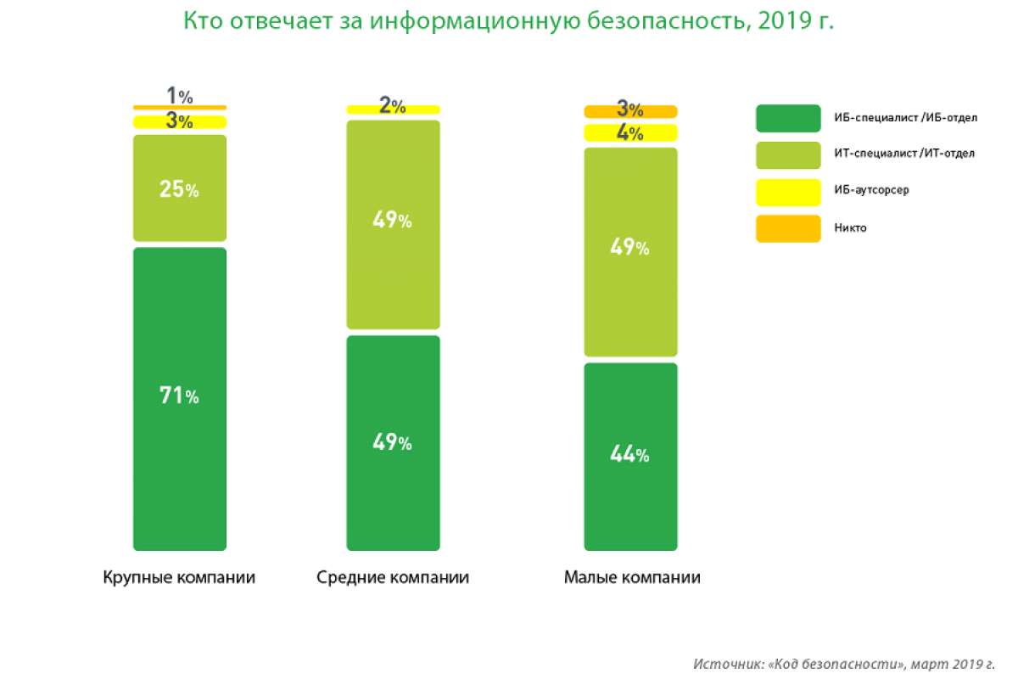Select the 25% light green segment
click(x=180, y=188)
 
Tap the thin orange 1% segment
click(x=180, y=107)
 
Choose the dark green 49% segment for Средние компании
click(x=393, y=443)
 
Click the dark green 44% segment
click(x=630, y=457)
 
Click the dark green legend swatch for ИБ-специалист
click(x=788, y=118)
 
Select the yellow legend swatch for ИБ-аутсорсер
click(x=788, y=192)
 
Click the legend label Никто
click(x=851, y=228)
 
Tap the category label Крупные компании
click(x=179, y=578)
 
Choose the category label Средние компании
click(x=393, y=578)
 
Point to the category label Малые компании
click(x=632, y=578)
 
